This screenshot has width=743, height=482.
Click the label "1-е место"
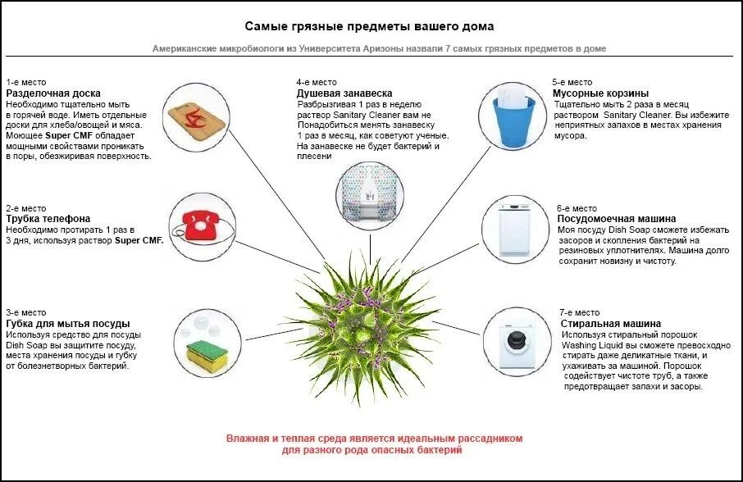(x=26, y=82)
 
